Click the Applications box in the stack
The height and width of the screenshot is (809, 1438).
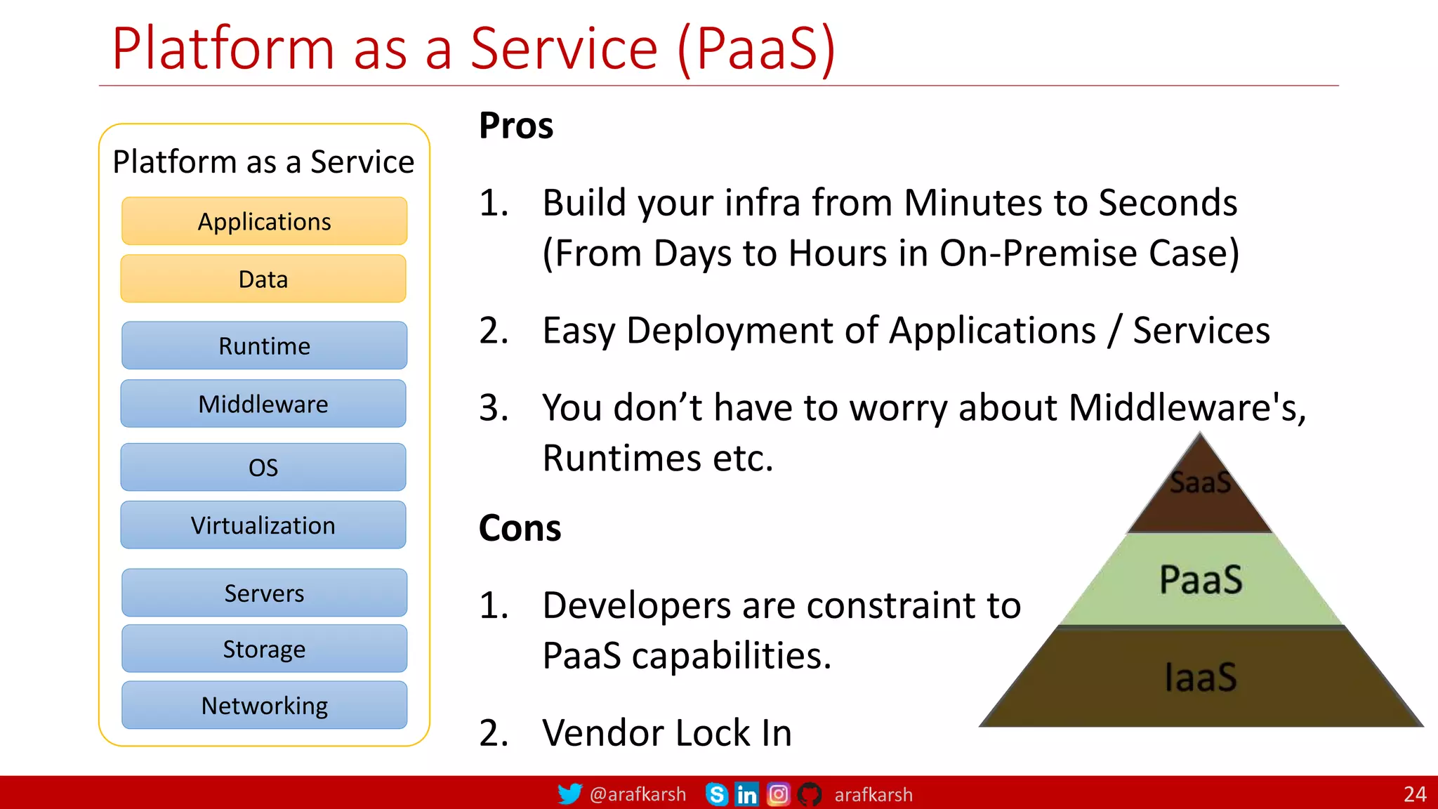click(264, 221)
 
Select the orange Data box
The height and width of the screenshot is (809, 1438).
click(263, 279)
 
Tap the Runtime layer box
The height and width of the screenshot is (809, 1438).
click(264, 346)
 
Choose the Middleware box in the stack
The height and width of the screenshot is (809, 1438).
click(263, 404)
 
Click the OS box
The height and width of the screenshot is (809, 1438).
click(263, 467)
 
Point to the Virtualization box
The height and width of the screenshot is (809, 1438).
click(263, 525)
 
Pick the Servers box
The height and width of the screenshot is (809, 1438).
click(264, 593)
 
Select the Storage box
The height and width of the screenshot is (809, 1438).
click(264, 649)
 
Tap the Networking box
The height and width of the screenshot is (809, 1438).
click(264, 705)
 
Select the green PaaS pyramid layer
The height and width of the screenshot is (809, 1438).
click(1201, 579)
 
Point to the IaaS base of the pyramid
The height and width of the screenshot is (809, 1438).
click(1201, 677)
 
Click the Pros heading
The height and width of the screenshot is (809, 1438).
click(516, 126)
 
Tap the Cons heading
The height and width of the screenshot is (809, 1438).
click(520, 528)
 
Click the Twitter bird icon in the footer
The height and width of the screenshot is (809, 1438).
click(569, 794)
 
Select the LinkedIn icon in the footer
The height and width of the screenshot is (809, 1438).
click(746, 794)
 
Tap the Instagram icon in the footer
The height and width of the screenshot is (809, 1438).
click(778, 794)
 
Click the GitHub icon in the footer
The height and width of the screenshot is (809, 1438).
click(810, 794)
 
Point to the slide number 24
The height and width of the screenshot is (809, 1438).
click(1415, 794)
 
